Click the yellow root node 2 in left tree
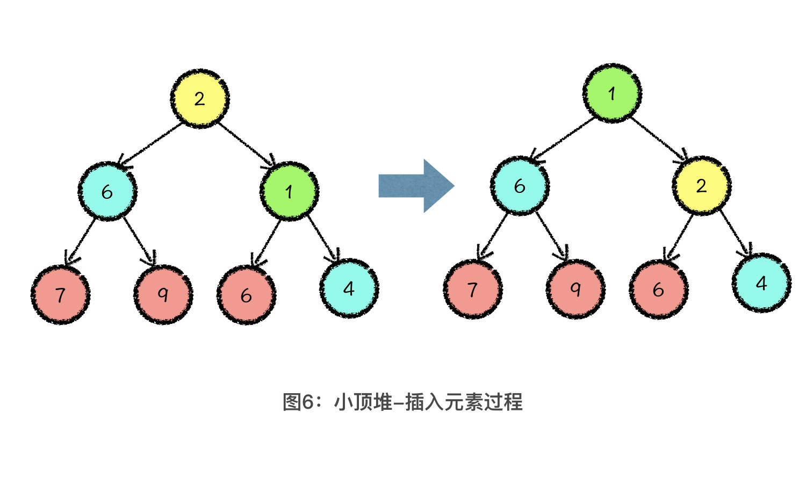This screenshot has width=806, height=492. tap(200, 98)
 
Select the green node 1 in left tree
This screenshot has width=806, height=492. tap(289, 191)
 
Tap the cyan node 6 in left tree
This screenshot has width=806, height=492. tap(107, 191)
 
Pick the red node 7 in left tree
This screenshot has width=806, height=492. tap(60, 294)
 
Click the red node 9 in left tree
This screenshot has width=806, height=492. tap(163, 294)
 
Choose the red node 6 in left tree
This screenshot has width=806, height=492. tap(247, 294)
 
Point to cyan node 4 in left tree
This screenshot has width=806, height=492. tap(349, 288)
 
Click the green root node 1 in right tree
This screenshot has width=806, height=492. tap(612, 93)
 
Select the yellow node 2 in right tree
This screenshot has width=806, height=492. tap(701, 186)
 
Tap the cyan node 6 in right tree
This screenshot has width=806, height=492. tap(520, 186)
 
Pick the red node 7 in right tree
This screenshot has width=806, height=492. tap(473, 289)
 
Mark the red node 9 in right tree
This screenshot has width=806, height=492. tap(575, 289)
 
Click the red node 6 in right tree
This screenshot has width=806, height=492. tap(659, 289)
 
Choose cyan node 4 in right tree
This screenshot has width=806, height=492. tap(761, 283)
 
